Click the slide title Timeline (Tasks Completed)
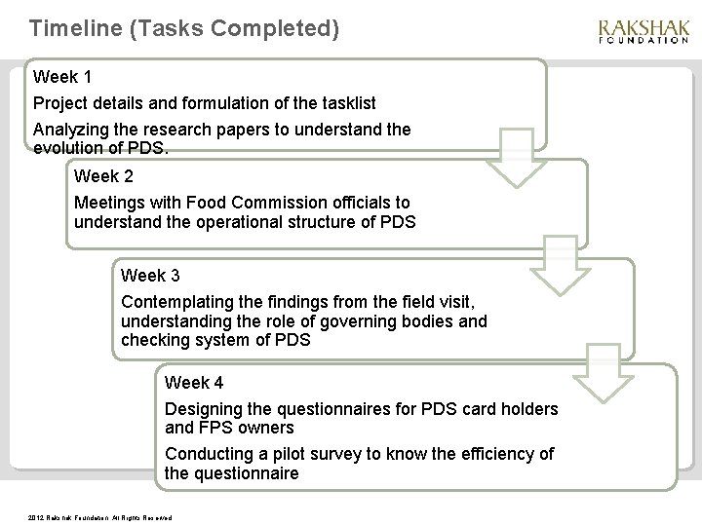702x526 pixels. point(185,29)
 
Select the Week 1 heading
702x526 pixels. point(63,76)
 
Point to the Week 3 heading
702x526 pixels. point(150,276)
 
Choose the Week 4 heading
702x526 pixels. point(195,382)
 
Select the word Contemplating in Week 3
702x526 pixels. point(180,302)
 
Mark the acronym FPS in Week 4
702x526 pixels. point(216,428)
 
